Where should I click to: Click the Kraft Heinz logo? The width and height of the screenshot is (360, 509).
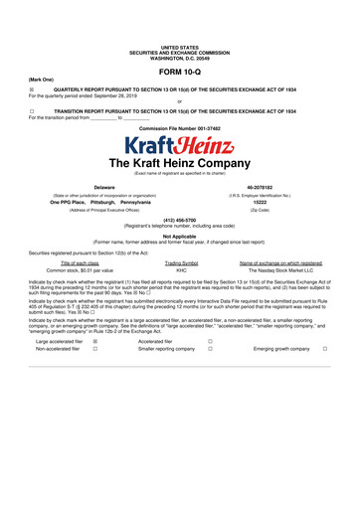[x=179, y=147]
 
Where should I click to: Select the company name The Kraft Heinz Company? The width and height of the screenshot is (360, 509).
[x=179, y=165]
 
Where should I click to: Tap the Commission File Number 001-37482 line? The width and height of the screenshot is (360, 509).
[x=179, y=130]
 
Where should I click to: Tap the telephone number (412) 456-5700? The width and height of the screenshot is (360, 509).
[x=179, y=222]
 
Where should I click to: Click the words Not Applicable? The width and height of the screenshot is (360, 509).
[x=179, y=237]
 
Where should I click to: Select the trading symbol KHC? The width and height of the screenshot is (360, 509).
[x=181, y=269]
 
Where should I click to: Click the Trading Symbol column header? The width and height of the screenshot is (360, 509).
[x=181, y=261]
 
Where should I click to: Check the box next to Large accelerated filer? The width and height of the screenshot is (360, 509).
[x=94, y=341]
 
